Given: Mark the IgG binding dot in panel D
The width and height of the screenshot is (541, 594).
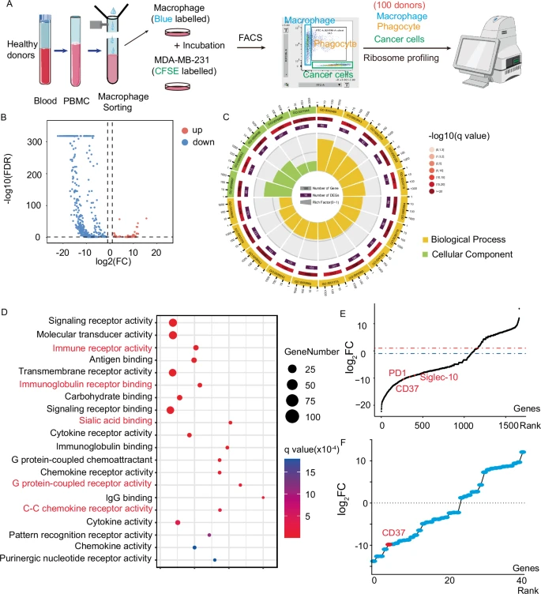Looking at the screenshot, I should tap(263, 497).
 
